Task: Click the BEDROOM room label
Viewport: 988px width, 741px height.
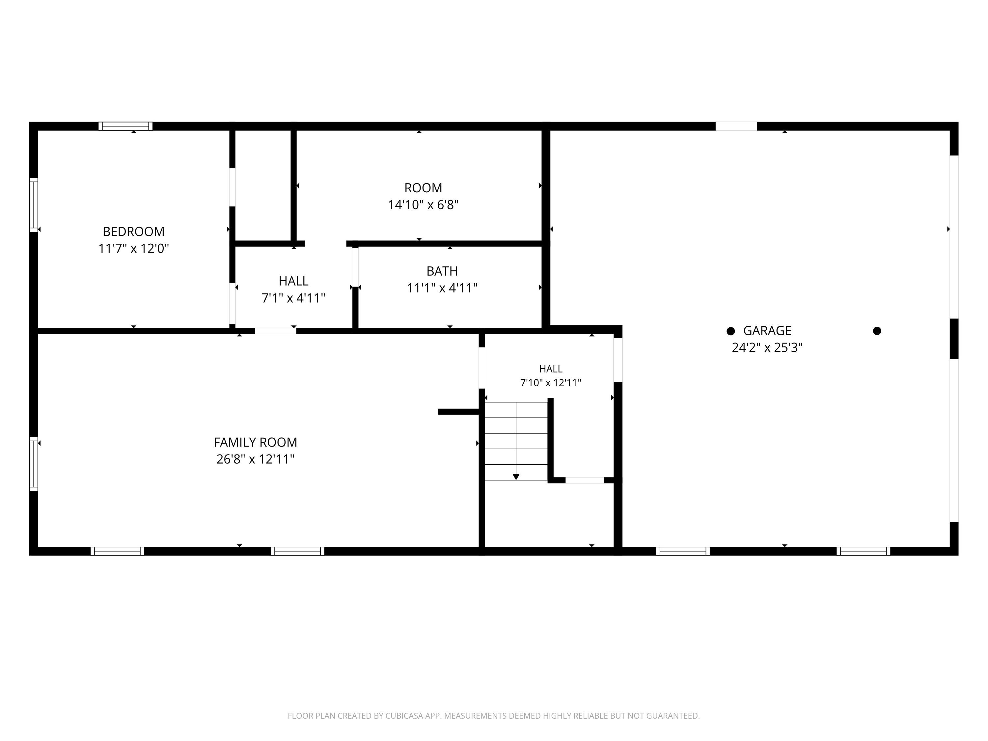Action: pos(134,232)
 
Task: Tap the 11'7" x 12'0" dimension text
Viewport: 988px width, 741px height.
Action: pos(134,248)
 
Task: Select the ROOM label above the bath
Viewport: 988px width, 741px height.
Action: pos(423,188)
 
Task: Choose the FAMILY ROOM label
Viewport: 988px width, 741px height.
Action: pos(255,442)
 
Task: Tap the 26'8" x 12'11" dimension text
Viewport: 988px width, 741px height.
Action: pos(255,459)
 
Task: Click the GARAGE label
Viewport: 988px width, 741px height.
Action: pos(767,331)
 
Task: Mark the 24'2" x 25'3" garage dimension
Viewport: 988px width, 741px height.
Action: pos(767,347)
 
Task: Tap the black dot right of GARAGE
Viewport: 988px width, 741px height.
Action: pos(877,331)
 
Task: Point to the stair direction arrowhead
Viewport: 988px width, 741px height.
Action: pos(516,477)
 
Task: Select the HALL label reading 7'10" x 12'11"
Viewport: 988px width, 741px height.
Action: pos(551,369)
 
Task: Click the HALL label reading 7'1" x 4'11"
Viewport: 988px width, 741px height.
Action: pos(293,281)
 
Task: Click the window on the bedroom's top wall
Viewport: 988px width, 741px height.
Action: pos(125,126)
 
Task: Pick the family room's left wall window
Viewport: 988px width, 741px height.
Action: pos(34,464)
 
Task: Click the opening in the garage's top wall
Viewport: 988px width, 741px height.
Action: pos(736,126)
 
